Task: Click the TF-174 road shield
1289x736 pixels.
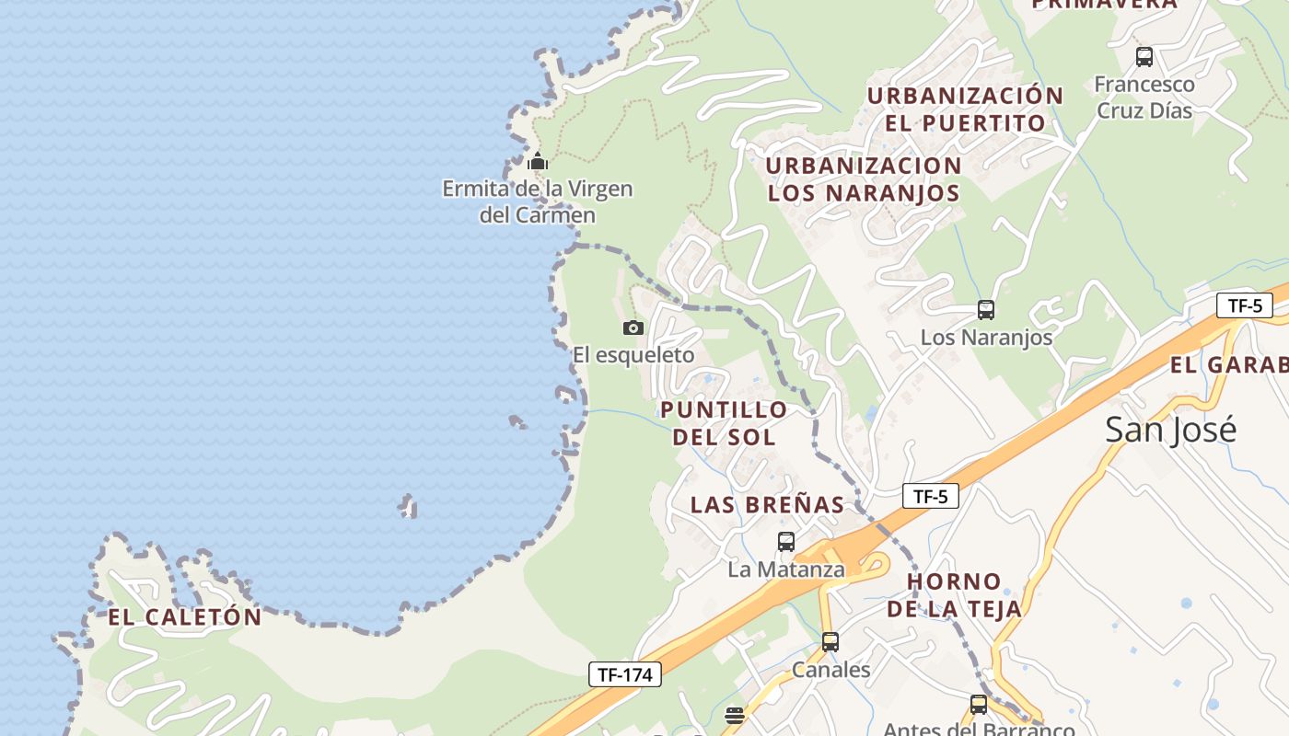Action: (625, 674)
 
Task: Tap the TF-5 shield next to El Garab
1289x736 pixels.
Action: (1244, 305)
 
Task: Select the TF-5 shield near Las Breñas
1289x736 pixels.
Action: (930, 497)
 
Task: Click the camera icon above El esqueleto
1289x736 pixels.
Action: (633, 328)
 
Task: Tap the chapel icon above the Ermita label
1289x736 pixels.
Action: (538, 162)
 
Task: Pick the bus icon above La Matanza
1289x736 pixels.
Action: (785, 542)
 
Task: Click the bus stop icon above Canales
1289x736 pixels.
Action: (830, 642)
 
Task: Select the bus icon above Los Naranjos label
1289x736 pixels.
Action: (986, 310)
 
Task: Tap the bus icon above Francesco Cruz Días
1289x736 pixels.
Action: (1144, 57)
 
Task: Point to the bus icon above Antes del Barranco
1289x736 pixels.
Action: (979, 705)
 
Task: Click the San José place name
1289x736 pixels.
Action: (1170, 430)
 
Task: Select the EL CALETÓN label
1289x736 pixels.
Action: (185, 617)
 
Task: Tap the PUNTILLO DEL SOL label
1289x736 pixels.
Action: (724, 423)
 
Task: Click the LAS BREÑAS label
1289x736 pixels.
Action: (767, 504)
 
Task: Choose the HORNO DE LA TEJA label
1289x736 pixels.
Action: (955, 594)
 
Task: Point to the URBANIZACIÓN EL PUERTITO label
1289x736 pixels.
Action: (965, 109)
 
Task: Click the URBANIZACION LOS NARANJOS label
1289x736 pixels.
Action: (864, 179)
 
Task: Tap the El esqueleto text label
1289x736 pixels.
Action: (633, 355)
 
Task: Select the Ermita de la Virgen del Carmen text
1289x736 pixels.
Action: (538, 202)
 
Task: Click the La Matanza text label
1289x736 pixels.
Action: (786, 569)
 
